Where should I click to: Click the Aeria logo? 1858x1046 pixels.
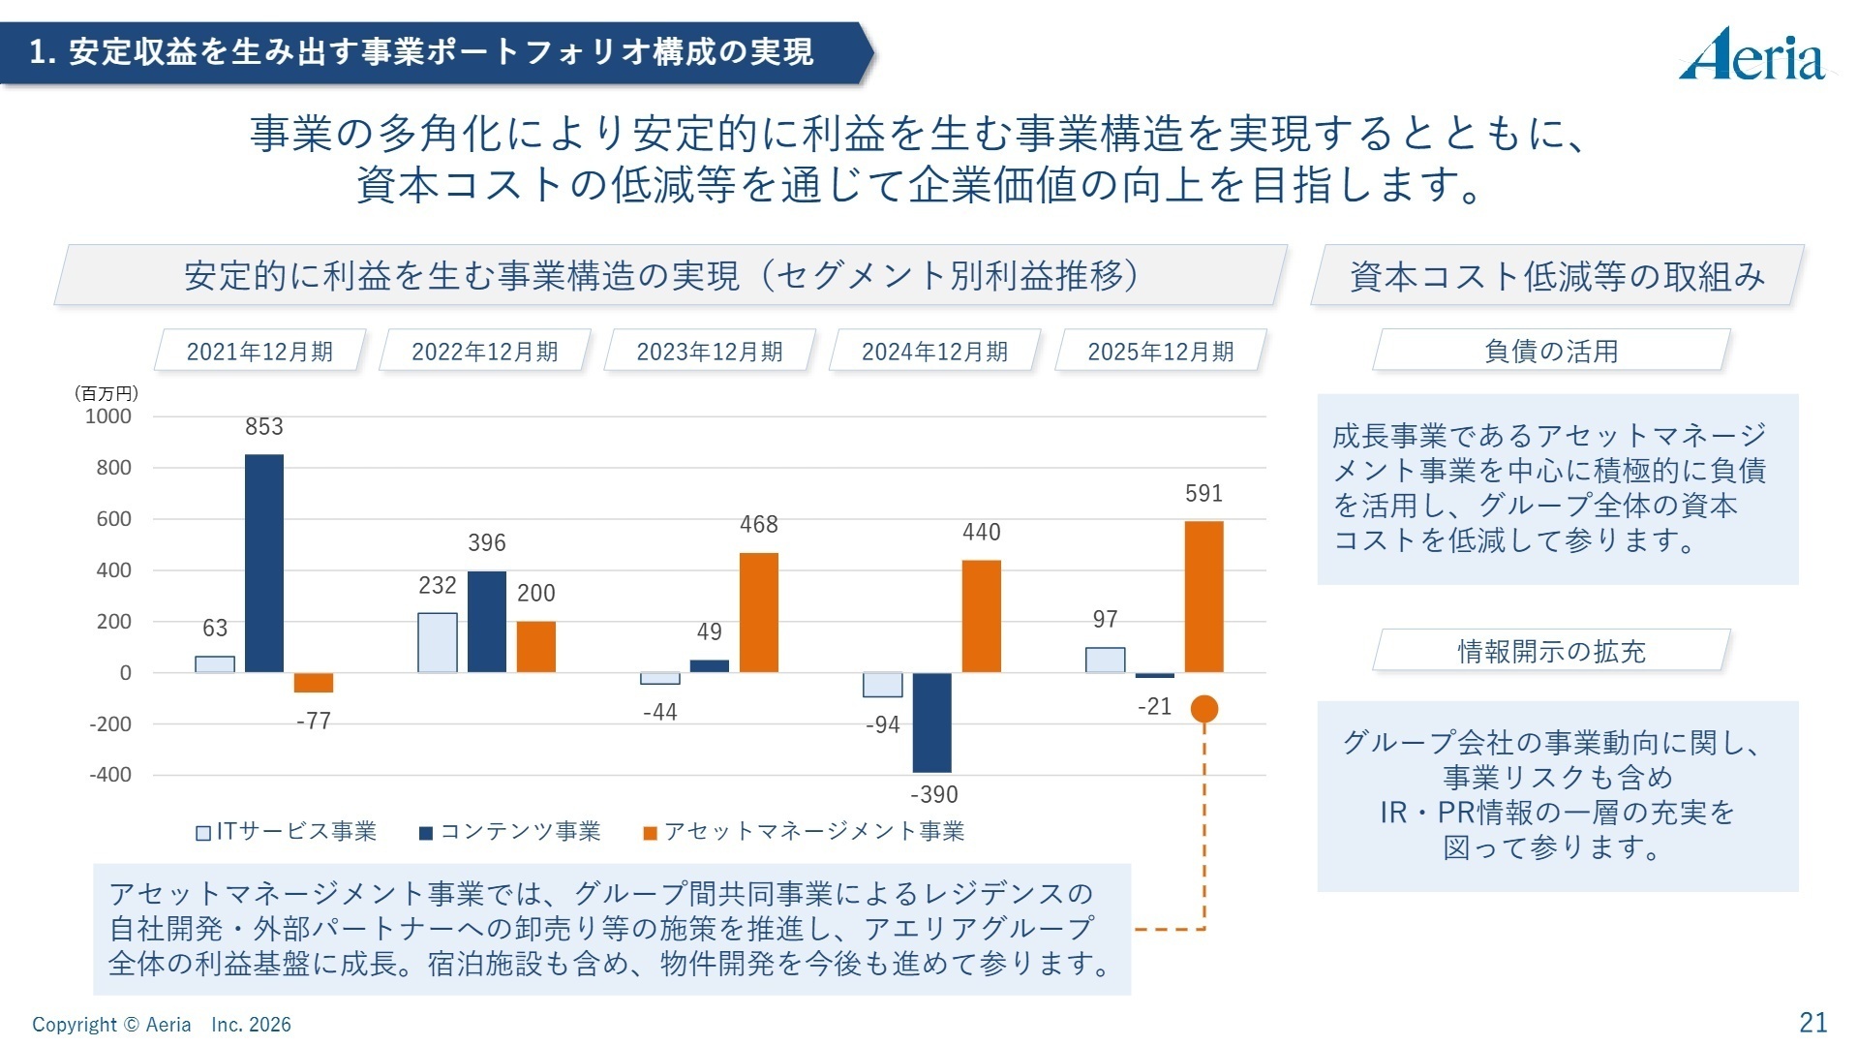pos(1752,55)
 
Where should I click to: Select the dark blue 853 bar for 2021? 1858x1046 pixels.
pos(264,563)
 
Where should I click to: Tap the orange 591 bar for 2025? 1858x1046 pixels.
pos(1203,597)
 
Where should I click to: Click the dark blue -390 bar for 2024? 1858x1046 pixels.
pos(931,723)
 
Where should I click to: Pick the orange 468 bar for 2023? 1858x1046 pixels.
pos(758,612)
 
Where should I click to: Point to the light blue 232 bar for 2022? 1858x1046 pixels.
pos(438,642)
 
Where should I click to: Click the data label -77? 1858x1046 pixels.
pos(313,722)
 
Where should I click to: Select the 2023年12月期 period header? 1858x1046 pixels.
pos(710,352)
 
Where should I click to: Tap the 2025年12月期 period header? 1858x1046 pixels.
pos(1160,352)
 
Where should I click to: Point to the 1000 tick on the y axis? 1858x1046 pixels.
pos(108,416)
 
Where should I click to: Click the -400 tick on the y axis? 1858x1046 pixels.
pos(110,775)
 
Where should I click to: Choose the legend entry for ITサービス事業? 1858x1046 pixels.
pos(287,832)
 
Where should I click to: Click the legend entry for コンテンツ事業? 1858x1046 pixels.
pos(510,832)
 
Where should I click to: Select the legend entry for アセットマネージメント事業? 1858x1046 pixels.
pos(804,832)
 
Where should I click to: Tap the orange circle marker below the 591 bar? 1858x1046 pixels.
pos(1203,709)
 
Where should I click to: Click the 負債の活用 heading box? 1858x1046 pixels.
pos(1550,352)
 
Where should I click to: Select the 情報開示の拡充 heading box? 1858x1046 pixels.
pos(1550,652)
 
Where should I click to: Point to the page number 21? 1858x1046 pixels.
pos(1812,1023)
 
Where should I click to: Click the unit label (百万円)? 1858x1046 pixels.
pos(107,393)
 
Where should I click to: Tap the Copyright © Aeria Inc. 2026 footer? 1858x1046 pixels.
pos(162,1025)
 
